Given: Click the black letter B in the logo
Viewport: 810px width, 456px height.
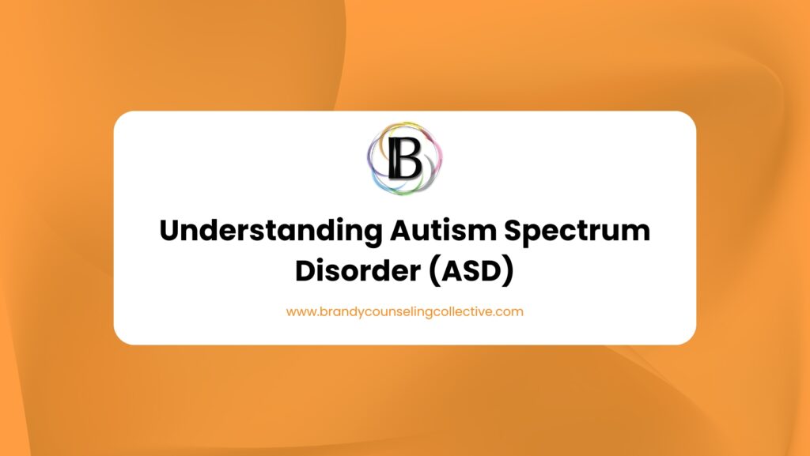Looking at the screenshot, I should pyautogui.click(x=404, y=159).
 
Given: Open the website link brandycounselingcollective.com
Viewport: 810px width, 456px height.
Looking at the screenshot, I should pyautogui.click(x=405, y=311).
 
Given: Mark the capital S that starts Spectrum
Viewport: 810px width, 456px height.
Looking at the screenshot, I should pyautogui.click(x=525, y=232).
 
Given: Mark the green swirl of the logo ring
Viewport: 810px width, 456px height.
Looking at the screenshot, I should pyautogui.click(x=418, y=188).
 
